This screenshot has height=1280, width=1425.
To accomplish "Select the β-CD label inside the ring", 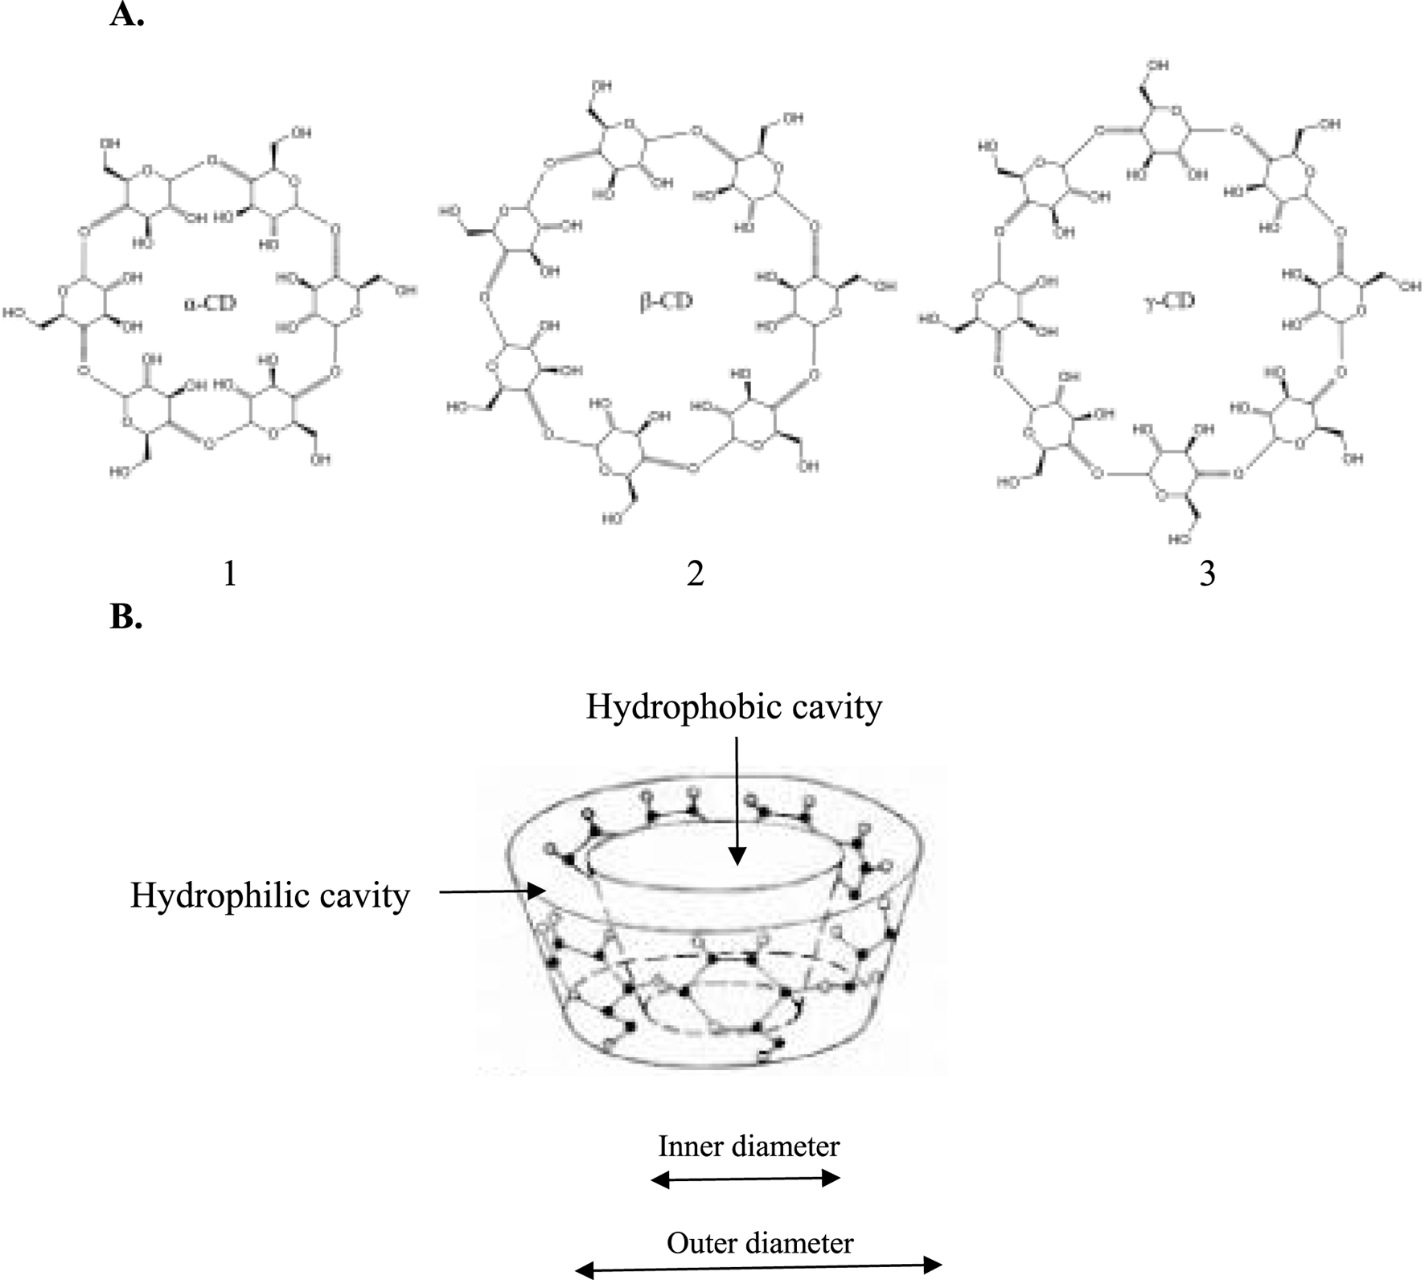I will (x=666, y=303).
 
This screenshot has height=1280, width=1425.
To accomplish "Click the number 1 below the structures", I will (x=230, y=574).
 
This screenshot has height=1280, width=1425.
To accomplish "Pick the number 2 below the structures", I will (x=696, y=574).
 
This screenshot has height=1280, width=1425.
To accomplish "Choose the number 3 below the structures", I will (x=1206, y=574).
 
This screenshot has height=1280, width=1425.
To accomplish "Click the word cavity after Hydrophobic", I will (x=837, y=707).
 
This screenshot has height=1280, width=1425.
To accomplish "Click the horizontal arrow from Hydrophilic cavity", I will (x=491, y=891).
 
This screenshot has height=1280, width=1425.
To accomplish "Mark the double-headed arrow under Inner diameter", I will (x=745, y=1179).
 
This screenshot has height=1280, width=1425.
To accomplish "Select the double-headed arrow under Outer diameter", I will (x=758, y=1267).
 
